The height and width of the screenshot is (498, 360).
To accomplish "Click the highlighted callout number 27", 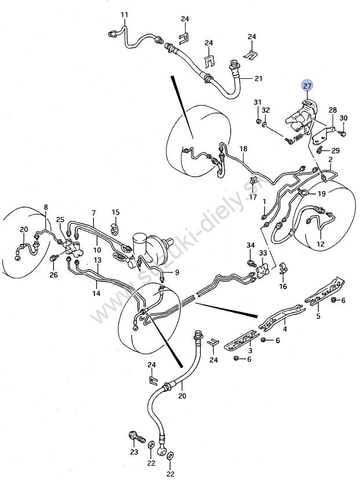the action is [307, 85].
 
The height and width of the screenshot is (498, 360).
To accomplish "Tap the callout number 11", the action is [124, 14].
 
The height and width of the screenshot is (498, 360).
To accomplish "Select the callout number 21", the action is [259, 78].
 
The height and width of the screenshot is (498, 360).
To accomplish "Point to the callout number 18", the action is [243, 148].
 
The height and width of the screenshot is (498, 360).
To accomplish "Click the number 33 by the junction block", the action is [263, 253].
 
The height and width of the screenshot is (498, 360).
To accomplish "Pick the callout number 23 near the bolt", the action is [134, 452].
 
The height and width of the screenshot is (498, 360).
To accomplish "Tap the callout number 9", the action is [177, 272].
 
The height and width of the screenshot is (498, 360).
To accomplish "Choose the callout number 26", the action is [54, 274].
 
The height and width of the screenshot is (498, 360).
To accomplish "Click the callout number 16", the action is [283, 286].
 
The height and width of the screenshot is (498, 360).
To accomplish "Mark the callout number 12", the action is [321, 244].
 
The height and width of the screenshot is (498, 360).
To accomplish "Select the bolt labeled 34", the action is [252, 263].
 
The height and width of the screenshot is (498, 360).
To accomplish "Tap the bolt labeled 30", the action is [341, 133].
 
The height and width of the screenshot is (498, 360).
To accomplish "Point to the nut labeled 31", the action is [259, 121].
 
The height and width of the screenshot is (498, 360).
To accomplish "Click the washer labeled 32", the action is [264, 125].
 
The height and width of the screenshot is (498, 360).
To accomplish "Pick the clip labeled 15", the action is [115, 230].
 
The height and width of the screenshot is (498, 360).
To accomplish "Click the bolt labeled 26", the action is [54, 258].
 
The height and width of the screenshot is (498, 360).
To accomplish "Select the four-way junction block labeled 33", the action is [263, 270].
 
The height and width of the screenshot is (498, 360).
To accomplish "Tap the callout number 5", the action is [318, 316].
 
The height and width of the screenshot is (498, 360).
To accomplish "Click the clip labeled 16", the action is [282, 269].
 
